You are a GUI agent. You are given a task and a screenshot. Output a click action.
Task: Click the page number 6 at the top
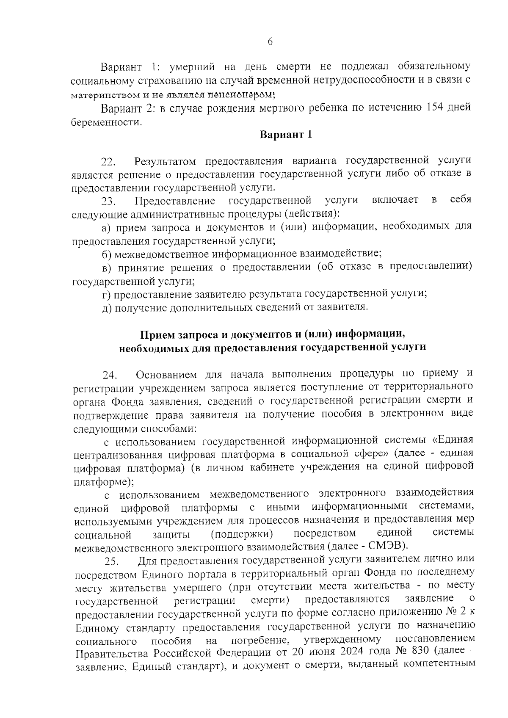coord(271,41)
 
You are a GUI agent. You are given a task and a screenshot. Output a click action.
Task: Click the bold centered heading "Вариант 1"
coord(286,135)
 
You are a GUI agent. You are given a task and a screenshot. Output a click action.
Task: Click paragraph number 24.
coord(108,376)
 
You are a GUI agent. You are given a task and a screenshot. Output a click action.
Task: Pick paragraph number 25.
coord(113,562)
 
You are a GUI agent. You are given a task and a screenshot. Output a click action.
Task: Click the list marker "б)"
coord(107,254)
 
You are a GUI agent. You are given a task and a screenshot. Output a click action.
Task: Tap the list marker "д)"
coord(107,307)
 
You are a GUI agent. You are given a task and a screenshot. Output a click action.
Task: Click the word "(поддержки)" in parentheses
coord(242,533)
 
